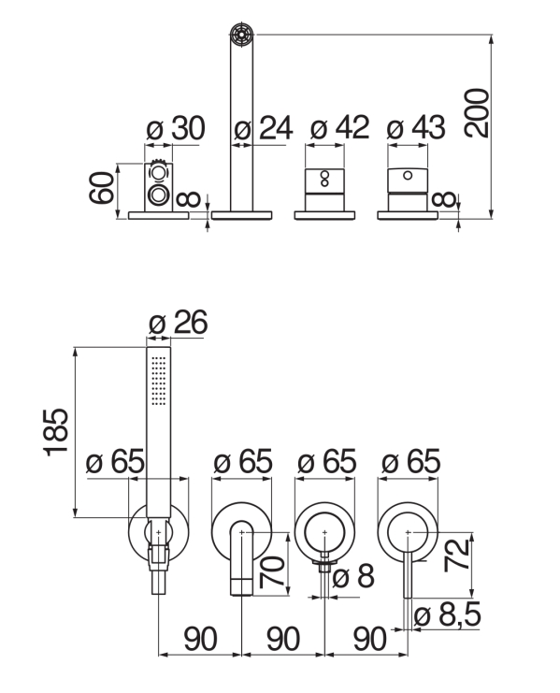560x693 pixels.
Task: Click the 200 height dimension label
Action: point(477,113)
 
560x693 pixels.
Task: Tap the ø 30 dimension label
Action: point(176,129)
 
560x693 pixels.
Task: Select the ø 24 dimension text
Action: point(264,129)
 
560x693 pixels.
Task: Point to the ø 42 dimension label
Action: point(339,128)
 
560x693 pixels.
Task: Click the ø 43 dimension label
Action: point(416,128)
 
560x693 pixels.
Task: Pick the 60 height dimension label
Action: point(102,187)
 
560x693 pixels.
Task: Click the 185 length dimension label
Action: point(56,433)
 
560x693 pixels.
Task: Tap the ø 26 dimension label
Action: point(178,323)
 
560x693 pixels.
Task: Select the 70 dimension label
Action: point(272,572)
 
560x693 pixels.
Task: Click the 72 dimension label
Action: point(456,556)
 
